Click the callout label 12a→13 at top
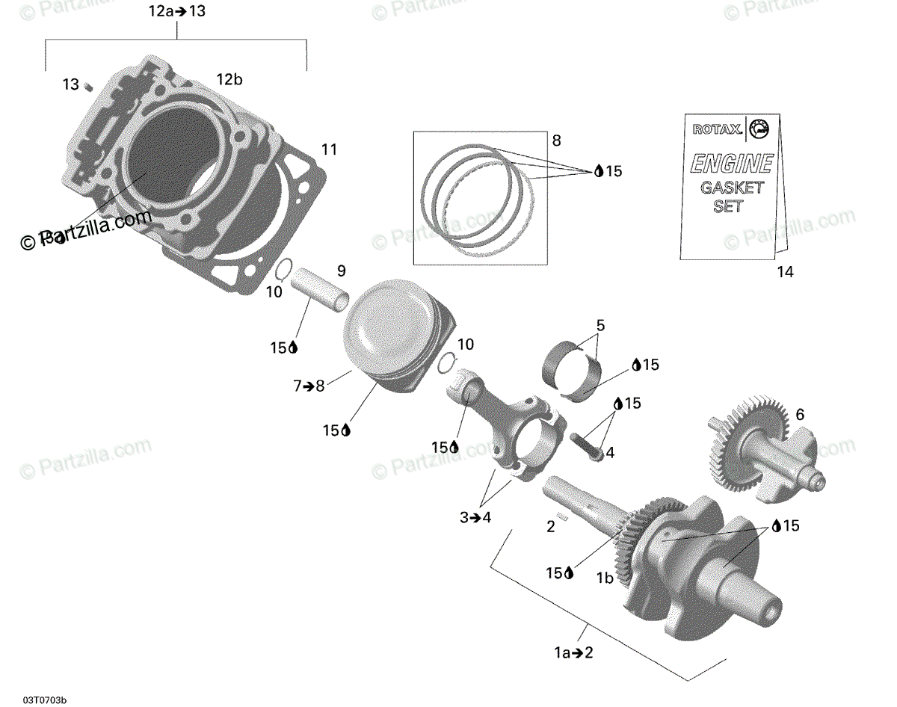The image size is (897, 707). click(176, 11)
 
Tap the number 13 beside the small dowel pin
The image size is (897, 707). click(70, 84)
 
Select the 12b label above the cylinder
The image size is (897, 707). click(229, 79)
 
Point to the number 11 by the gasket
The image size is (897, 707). click(329, 149)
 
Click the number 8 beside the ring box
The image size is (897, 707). click(556, 140)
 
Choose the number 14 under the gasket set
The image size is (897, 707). click(784, 272)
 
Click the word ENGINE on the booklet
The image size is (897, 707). click(731, 164)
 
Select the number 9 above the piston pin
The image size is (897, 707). click(341, 270)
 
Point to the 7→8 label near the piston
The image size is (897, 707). click(309, 386)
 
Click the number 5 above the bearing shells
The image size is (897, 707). click(600, 326)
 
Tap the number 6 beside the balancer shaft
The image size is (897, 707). click(800, 414)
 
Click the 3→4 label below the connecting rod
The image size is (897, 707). click(475, 516)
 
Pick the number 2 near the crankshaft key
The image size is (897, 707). click(551, 526)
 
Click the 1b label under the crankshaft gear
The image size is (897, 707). click(605, 578)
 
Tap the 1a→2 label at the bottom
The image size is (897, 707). click(573, 652)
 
